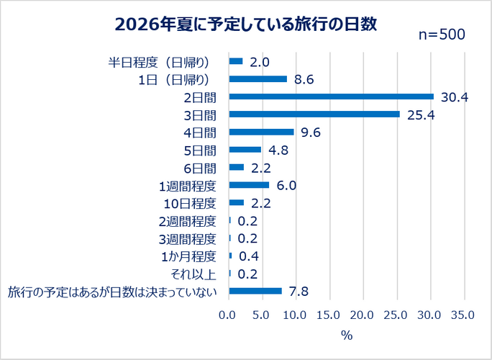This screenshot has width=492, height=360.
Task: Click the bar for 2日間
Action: [332, 96]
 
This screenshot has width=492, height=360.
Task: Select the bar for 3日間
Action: [314, 114]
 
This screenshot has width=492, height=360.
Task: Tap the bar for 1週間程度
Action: [249, 185]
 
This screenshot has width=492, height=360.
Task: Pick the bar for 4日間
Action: [261, 132]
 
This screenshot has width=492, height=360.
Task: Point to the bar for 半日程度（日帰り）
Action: [236, 61]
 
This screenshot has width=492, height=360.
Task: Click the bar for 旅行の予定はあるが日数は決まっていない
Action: [255, 291]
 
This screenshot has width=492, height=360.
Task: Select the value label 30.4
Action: [455, 97]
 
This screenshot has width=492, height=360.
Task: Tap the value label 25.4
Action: [421, 115]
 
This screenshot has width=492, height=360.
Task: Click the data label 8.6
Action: [304, 80]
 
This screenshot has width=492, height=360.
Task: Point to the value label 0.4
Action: [249, 256]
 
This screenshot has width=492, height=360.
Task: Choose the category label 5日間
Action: [200, 150]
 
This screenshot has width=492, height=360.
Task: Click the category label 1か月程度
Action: [188, 257]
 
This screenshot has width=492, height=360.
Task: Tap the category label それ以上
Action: [193, 274]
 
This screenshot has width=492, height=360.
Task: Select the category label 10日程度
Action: [190, 204]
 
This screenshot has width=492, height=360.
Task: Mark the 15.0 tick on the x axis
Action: [328, 315]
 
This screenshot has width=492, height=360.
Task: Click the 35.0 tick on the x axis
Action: [463, 315]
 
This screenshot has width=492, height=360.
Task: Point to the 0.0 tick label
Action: [227, 315]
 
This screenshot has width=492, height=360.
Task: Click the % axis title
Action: [347, 336]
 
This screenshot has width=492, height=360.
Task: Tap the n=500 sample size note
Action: [442, 35]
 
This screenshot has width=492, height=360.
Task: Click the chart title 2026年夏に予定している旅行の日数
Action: [246, 24]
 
